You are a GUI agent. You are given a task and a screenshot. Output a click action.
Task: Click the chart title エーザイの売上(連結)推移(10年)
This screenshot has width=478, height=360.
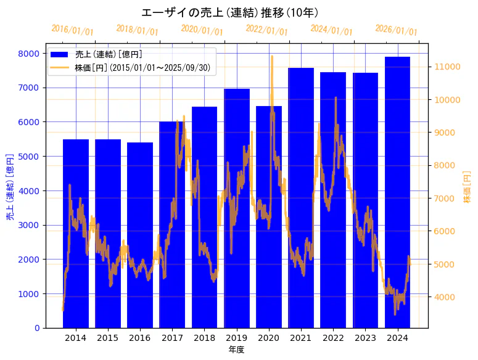(230, 12)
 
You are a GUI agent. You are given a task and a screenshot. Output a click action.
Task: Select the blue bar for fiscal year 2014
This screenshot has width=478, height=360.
(76, 234)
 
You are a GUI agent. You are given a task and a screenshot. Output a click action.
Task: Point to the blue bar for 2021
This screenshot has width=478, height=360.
(301, 198)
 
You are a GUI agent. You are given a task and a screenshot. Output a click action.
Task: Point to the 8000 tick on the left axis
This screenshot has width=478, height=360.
(30, 54)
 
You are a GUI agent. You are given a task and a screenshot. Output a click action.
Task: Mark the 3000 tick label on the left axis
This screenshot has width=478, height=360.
(30, 225)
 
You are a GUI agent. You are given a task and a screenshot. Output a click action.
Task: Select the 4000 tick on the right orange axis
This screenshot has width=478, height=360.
(445, 297)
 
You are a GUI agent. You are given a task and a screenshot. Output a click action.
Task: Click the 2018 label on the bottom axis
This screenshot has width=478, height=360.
(204, 338)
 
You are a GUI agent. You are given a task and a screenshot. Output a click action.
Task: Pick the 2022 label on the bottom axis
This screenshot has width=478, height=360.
(333, 338)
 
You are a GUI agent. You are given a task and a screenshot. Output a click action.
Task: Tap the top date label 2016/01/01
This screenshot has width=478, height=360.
(72, 30)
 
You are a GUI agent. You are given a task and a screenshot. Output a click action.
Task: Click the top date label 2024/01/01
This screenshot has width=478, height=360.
(331, 30)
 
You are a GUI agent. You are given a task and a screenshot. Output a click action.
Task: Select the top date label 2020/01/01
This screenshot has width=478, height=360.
(202, 30)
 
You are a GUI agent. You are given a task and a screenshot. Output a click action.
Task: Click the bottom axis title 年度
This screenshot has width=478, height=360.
(236, 350)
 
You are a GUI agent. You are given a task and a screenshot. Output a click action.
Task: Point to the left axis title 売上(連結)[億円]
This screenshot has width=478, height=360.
(10, 187)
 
